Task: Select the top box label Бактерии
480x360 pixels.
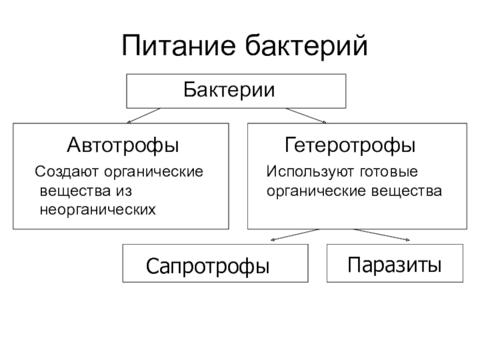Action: pyautogui.click(x=229, y=91)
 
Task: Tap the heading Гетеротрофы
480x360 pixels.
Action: pyautogui.click(x=350, y=146)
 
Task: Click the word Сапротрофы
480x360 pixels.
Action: pyautogui.click(x=208, y=265)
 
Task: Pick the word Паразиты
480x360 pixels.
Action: pyautogui.click(x=395, y=263)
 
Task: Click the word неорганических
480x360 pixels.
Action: pyautogui.click(x=97, y=210)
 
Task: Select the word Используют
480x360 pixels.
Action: pyautogui.click(x=303, y=172)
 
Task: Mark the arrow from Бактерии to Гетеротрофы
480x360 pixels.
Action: pyautogui.click(x=306, y=115)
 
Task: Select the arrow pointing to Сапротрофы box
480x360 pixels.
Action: pyautogui.click(x=295, y=234)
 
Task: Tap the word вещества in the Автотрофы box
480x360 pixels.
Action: pyautogui.click(x=73, y=191)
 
